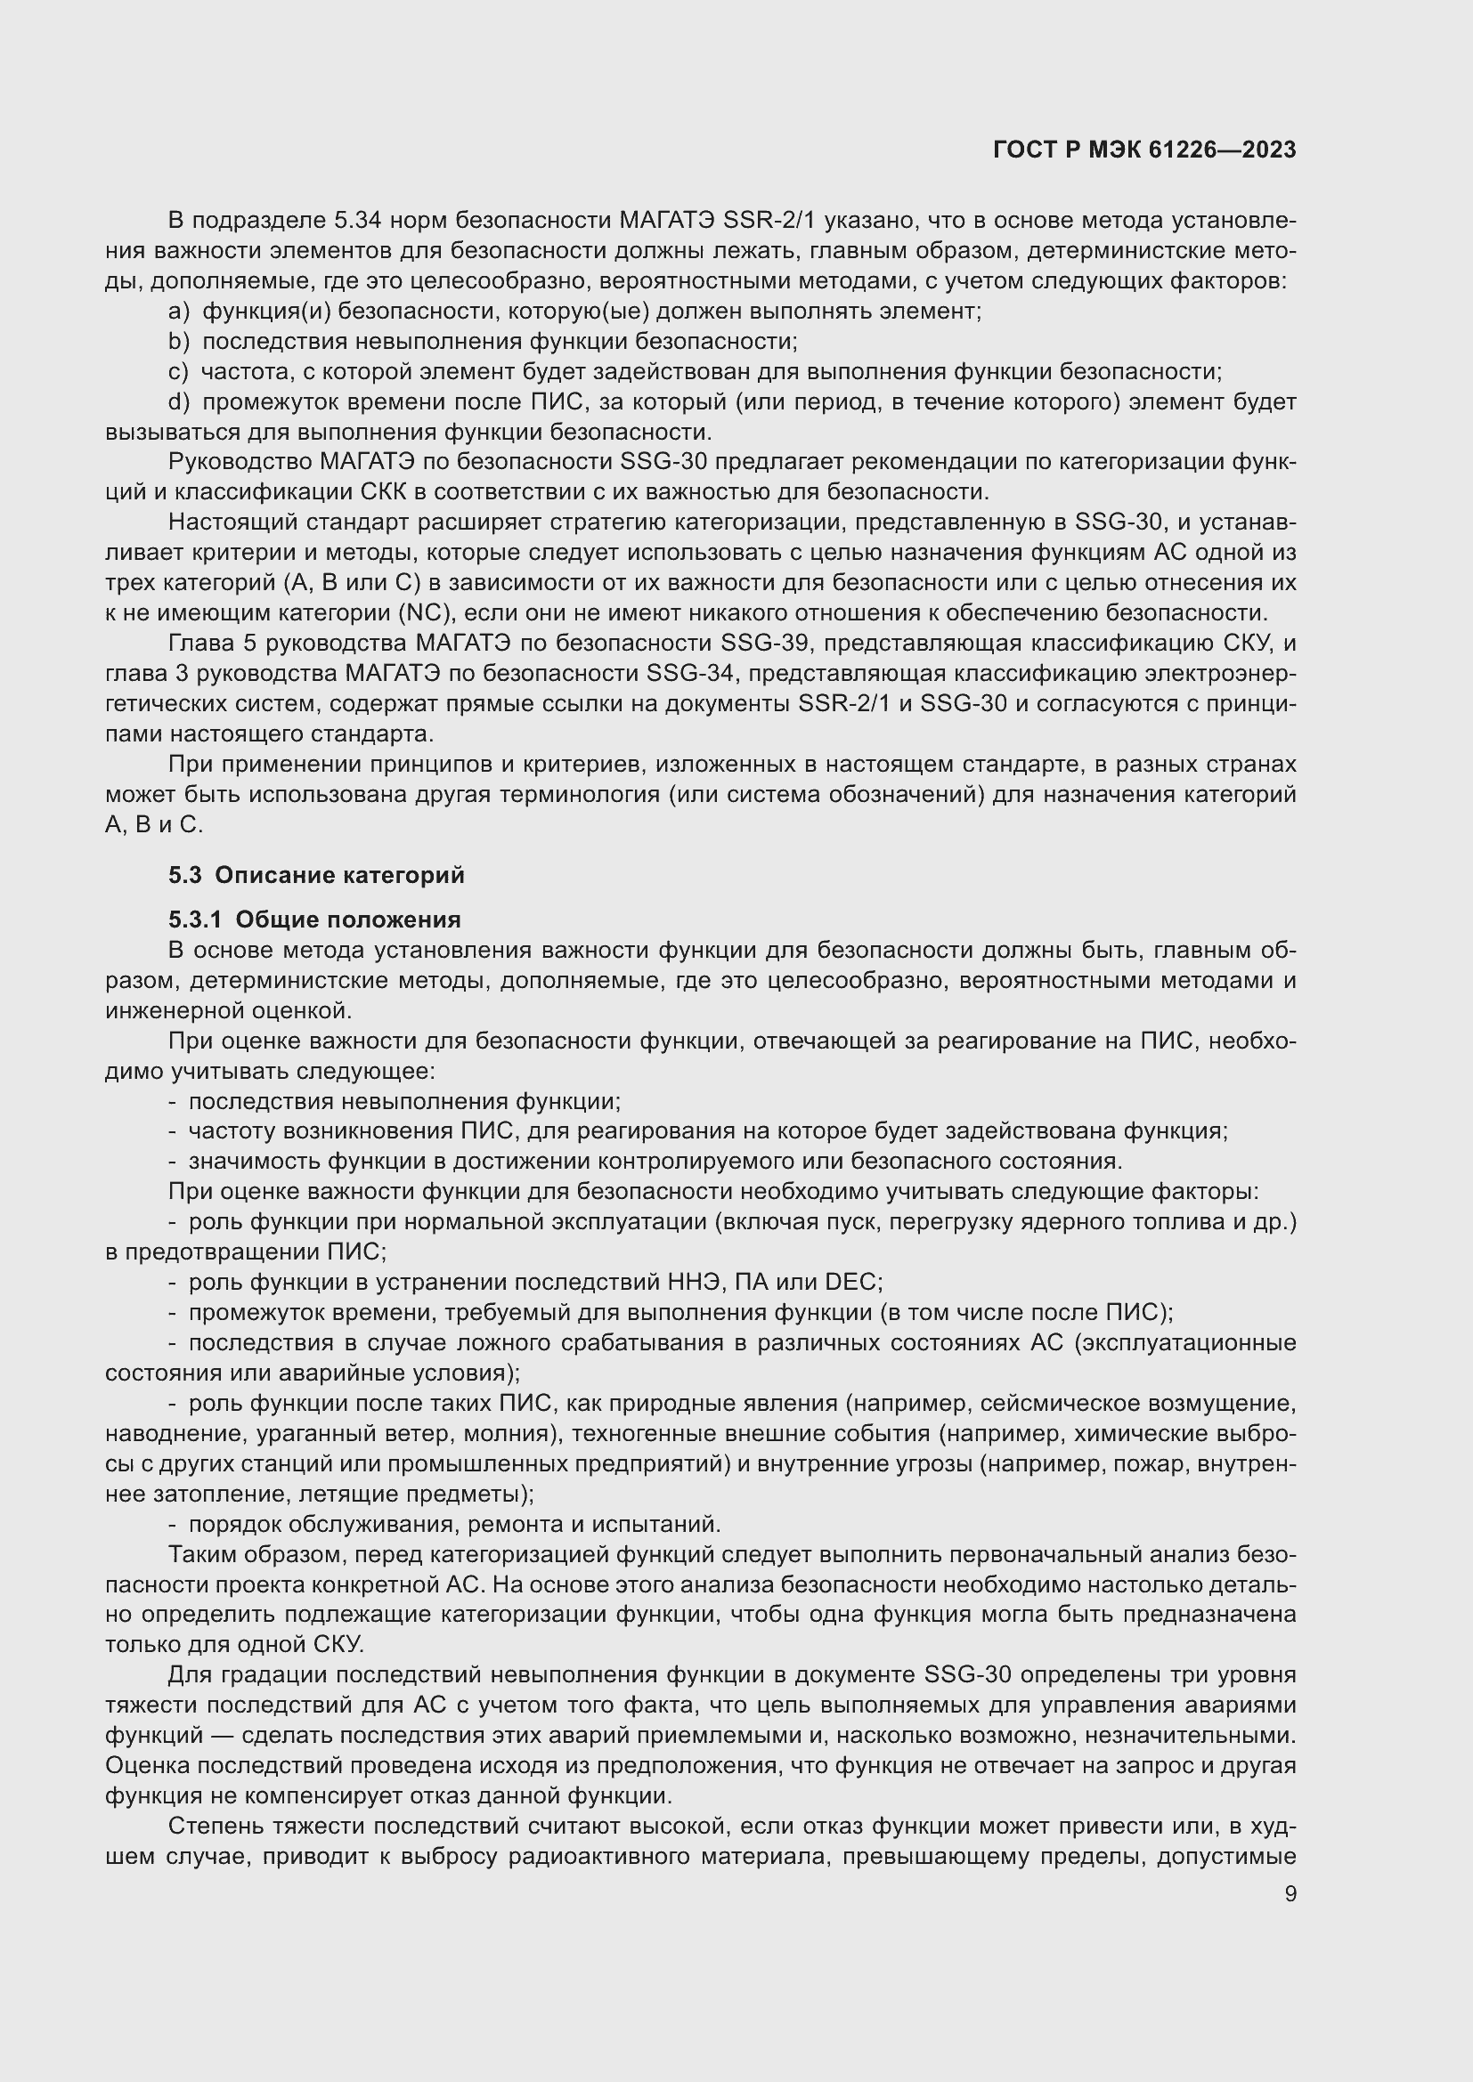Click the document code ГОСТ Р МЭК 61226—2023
coord(1144,150)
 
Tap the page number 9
coord(1290,1893)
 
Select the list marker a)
coord(179,312)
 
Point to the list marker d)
coord(179,401)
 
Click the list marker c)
coord(178,372)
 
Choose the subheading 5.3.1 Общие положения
coord(313,919)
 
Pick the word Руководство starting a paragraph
coord(240,463)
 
